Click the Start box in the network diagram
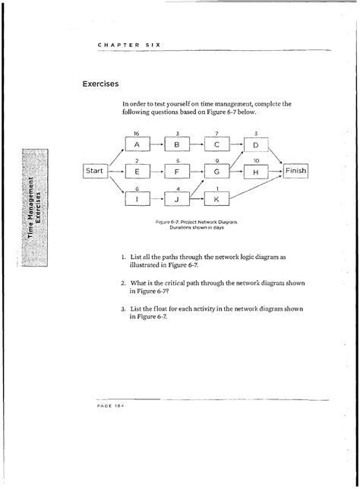(95, 172)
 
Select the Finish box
(295, 172)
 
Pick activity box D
(256, 144)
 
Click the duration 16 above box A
(136, 132)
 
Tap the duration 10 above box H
(256, 161)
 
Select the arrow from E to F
(156, 172)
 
